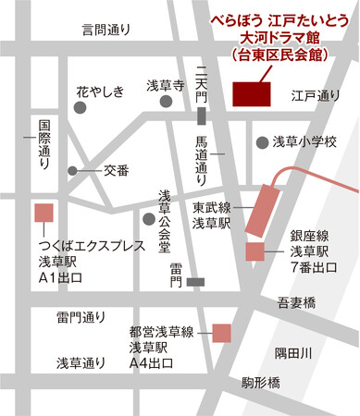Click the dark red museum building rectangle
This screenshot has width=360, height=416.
click(250, 93)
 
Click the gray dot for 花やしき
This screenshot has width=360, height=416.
click(81, 108)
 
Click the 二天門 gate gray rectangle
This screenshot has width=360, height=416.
click(202, 115)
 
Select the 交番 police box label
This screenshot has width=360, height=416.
click(116, 169)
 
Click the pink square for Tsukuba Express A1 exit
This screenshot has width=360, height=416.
click(43, 212)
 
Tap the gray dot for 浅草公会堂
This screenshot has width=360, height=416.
click(149, 218)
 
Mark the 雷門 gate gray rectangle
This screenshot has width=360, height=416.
click(194, 281)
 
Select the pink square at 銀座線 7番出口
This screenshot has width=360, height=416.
click(254, 251)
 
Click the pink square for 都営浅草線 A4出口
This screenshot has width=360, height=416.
click(221, 332)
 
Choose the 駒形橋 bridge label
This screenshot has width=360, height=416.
click(260, 380)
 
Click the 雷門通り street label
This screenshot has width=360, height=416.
click(81, 317)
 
